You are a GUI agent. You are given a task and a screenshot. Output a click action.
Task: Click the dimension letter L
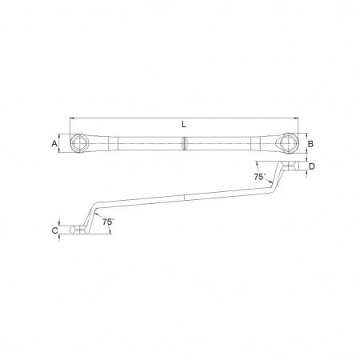point(184,125)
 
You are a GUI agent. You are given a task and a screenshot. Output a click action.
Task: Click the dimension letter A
point(54,144)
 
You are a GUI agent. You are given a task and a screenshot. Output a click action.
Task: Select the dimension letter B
point(310,144)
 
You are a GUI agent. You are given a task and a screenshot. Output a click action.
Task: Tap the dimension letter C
point(54,230)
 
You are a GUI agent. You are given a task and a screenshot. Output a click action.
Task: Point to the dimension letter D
point(312,166)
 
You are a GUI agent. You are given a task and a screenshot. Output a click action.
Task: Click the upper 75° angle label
point(259,177)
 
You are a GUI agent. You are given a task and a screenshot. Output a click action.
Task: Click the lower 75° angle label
point(108,222)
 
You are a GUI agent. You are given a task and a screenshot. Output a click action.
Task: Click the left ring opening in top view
point(78,143)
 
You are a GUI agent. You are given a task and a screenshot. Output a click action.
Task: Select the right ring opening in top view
point(289,142)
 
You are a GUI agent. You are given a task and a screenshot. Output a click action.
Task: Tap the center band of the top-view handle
point(184,143)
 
